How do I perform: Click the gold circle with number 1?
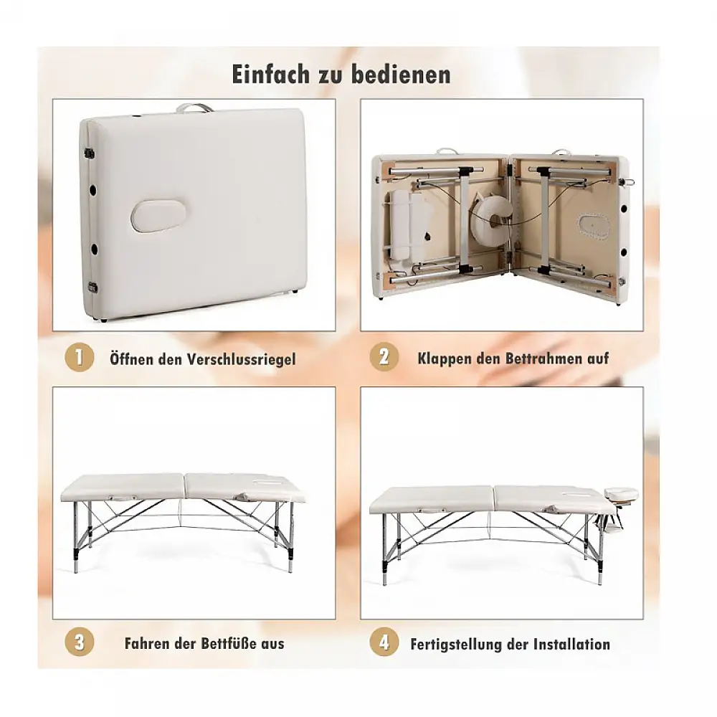pyautogui.click(x=79, y=357)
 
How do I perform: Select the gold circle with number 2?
pyautogui.click(x=384, y=357)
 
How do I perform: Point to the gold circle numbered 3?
pyautogui.click(x=79, y=642)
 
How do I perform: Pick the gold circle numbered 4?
pyautogui.click(x=384, y=642)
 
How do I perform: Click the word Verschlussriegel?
pyautogui.click(x=243, y=359)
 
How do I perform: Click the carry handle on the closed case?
pyautogui.click(x=194, y=108)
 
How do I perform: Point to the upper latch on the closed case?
pyautogui.click(x=89, y=152)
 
